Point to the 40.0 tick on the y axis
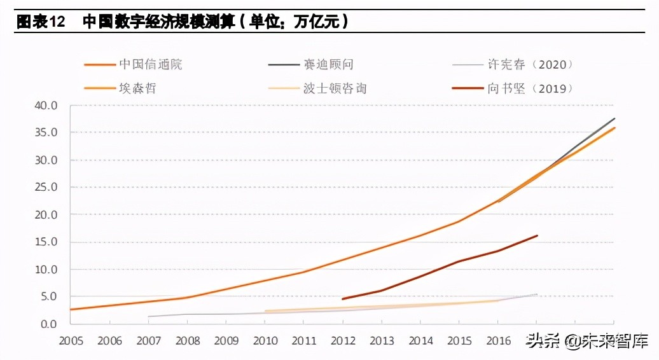pos(45,106)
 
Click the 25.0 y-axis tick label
pos(45,188)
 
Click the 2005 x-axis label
pos(71,341)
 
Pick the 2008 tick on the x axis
pos(187,341)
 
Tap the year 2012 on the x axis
pos(342,341)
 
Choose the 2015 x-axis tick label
pos(459,341)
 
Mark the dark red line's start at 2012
pos(342,299)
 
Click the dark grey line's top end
pos(614,118)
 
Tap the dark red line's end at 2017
pos(538,235)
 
